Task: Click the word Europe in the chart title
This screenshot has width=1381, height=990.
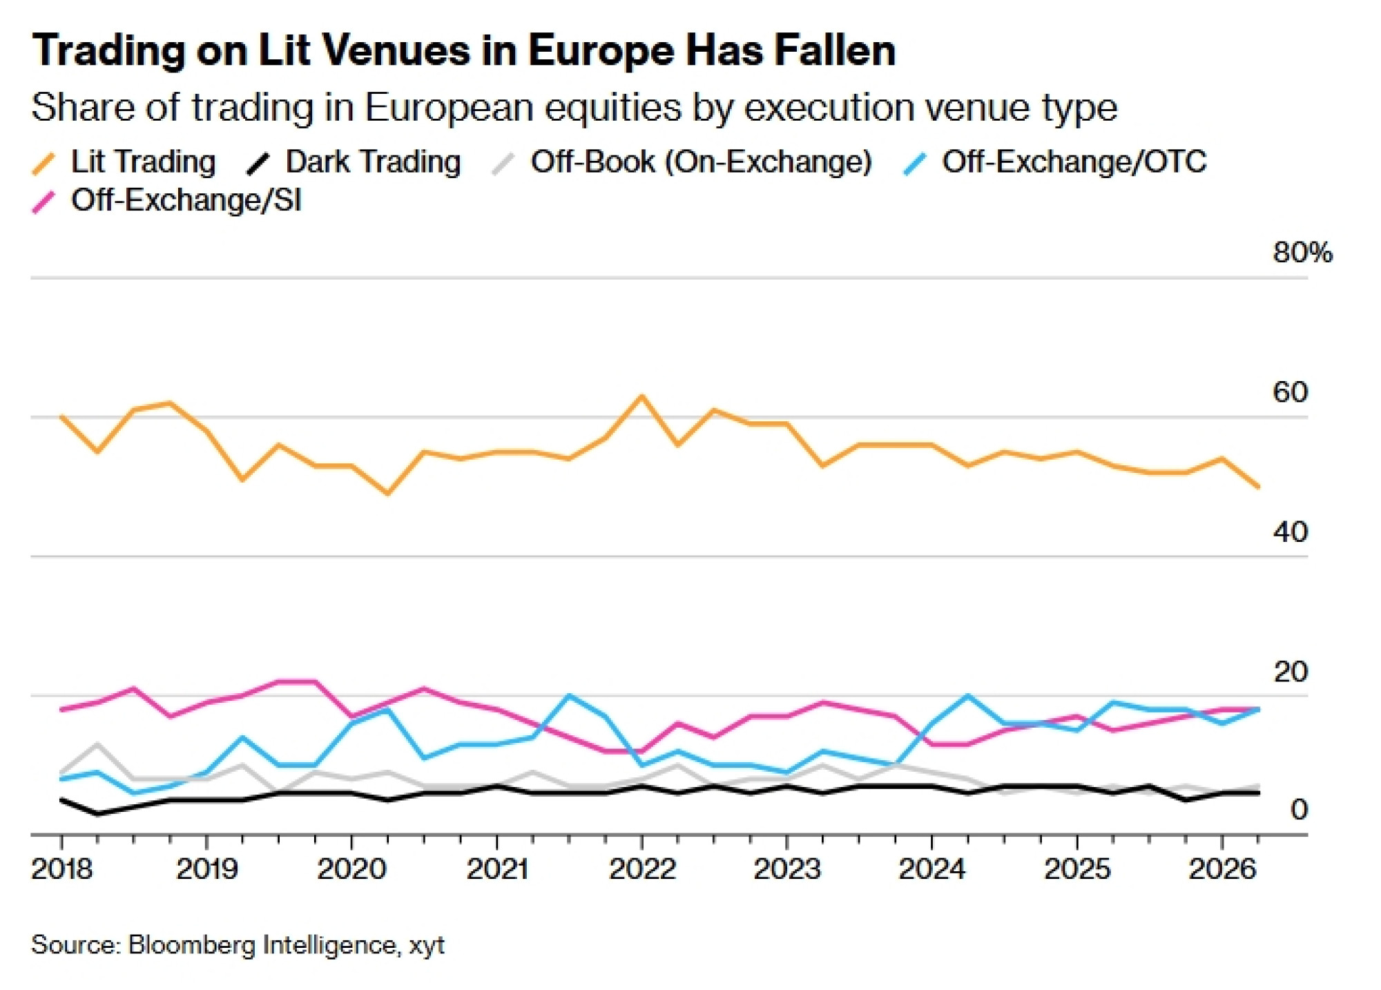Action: click(x=601, y=51)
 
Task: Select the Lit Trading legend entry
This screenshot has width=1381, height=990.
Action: click(x=124, y=162)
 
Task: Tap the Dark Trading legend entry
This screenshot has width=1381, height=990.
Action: click(x=354, y=162)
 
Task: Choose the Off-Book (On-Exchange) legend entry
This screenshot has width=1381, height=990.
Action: click(x=682, y=162)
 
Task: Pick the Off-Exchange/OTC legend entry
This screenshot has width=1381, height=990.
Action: click(x=1055, y=162)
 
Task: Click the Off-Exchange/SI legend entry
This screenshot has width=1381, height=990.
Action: click(x=167, y=201)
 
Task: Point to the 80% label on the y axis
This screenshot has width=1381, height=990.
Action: click(x=1302, y=253)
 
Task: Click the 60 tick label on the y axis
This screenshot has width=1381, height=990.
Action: click(x=1290, y=392)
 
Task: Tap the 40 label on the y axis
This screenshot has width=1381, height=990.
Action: click(x=1290, y=532)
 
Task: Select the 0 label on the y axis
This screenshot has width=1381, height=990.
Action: click(x=1299, y=810)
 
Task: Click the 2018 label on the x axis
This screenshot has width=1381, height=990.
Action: click(x=62, y=868)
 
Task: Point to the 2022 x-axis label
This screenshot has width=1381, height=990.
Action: click(x=642, y=868)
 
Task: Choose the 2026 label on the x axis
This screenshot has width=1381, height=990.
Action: click(x=1222, y=868)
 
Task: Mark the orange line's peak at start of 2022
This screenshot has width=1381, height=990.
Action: click(x=642, y=396)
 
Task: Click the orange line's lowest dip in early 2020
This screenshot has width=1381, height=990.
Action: click(x=387, y=494)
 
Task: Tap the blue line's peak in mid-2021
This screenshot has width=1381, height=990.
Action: click(x=569, y=695)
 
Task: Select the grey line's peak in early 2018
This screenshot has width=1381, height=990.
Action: click(x=98, y=744)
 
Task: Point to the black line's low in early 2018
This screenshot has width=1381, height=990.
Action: click(x=98, y=814)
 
